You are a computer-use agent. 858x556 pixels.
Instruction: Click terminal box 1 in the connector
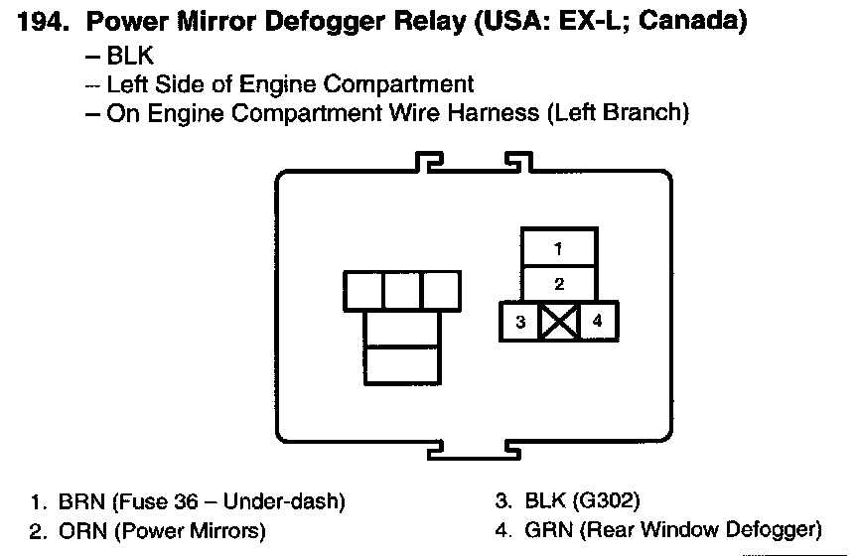[x=559, y=248]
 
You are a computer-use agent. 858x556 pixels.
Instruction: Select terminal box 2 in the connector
[x=559, y=284]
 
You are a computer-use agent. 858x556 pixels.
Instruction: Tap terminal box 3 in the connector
[x=519, y=322]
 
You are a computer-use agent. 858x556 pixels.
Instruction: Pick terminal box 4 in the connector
[x=597, y=322]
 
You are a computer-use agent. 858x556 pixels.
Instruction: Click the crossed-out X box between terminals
[x=558, y=322]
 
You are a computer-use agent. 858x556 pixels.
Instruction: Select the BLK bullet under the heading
[x=130, y=57]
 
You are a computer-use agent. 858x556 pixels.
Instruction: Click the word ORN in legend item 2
[x=81, y=531]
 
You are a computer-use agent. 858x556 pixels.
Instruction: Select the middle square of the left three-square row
[x=401, y=290]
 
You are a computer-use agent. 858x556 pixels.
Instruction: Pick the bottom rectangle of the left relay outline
[x=401, y=363]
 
